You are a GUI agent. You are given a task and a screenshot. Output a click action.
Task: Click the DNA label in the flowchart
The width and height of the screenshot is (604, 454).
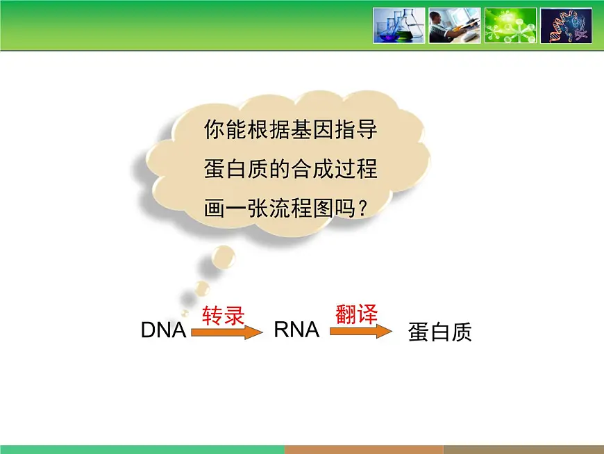click(163, 330)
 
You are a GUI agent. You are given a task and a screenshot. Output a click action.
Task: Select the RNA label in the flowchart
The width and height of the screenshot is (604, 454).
click(296, 330)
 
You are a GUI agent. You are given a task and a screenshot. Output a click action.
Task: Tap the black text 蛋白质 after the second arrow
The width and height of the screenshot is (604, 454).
click(440, 332)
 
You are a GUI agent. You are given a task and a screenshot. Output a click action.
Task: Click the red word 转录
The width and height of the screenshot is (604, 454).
click(223, 316)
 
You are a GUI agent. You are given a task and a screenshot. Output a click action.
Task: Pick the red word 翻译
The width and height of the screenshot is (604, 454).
click(356, 314)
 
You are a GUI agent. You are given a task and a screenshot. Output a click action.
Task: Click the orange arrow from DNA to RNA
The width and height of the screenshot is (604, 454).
click(227, 333)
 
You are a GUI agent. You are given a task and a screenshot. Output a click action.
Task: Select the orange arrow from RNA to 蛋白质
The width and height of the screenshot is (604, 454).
click(360, 332)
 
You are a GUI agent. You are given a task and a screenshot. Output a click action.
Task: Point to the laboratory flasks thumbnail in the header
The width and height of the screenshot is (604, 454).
click(399, 26)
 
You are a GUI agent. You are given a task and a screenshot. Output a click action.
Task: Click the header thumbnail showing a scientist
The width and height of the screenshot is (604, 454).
click(454, 26)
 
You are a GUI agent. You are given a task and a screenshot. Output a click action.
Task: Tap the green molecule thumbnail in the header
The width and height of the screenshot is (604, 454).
click(510, 26)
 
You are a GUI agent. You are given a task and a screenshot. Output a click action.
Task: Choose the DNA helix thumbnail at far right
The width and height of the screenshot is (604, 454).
click(566, 26)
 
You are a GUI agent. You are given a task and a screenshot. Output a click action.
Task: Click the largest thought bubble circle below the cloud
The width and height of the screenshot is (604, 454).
click(222, 258)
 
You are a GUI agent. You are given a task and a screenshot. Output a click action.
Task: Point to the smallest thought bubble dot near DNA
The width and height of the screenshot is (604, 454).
click(185, 314)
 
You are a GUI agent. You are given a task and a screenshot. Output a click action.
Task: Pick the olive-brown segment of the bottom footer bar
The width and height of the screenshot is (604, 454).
click(523, 449)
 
